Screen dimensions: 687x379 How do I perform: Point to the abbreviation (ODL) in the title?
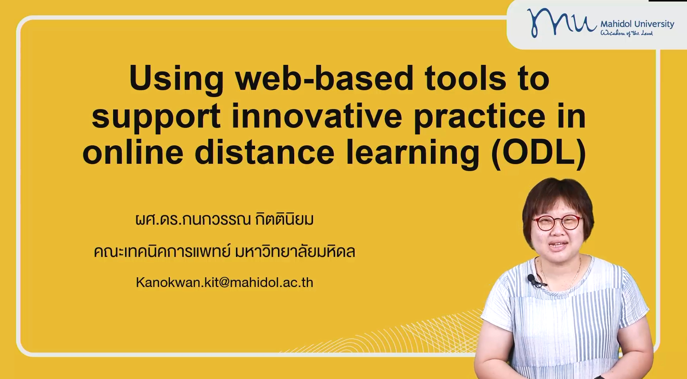click(539, 154)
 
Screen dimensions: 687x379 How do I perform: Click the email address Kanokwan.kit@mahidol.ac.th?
click(225, 282)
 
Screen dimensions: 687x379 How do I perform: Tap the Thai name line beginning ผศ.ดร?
click(225, 219)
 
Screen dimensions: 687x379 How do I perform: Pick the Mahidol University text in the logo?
click(637, 24)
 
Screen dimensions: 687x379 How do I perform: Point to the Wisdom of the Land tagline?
click(626, 33)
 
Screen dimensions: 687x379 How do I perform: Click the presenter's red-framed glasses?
click(557, 222)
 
